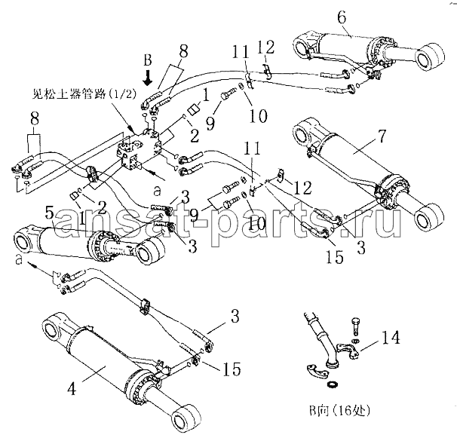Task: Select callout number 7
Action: click(x=382, y=136)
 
